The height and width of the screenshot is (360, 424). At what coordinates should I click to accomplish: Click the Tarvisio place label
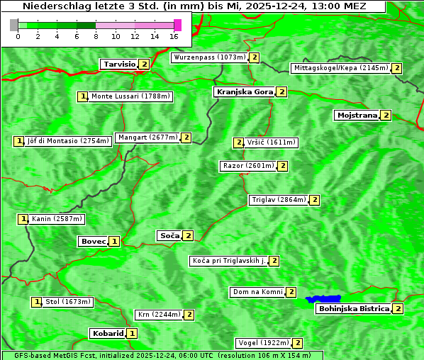point(118,64)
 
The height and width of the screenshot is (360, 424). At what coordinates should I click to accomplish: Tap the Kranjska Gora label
point(244,92)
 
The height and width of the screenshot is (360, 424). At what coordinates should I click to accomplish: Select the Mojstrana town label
point(357,115)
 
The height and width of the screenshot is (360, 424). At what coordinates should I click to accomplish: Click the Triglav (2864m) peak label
point(278,200)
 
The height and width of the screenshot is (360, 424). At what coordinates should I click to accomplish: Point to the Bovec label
point(93,242)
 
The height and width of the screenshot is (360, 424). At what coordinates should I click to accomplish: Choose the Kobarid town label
point(107,333)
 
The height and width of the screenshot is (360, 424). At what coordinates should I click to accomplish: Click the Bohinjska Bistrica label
point(353,309)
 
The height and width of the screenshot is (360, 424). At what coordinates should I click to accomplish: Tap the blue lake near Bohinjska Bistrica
point(323,299)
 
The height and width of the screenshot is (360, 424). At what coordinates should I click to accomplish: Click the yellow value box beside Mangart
point(186,137)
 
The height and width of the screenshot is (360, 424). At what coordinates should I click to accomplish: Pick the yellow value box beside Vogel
point(298,343)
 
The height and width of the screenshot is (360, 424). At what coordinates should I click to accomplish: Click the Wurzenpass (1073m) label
point(210,57)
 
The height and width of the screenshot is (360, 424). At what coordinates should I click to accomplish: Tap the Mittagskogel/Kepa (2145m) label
point(340,68)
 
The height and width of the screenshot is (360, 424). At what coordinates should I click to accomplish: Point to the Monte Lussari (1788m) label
point(130,96)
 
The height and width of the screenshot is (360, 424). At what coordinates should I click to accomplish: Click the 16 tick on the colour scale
point(174,36)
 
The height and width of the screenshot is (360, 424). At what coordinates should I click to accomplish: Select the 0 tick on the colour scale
point(18,36)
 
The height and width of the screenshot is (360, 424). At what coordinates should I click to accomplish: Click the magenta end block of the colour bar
point(177,25)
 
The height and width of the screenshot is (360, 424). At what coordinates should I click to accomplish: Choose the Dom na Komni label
point(257,292)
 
